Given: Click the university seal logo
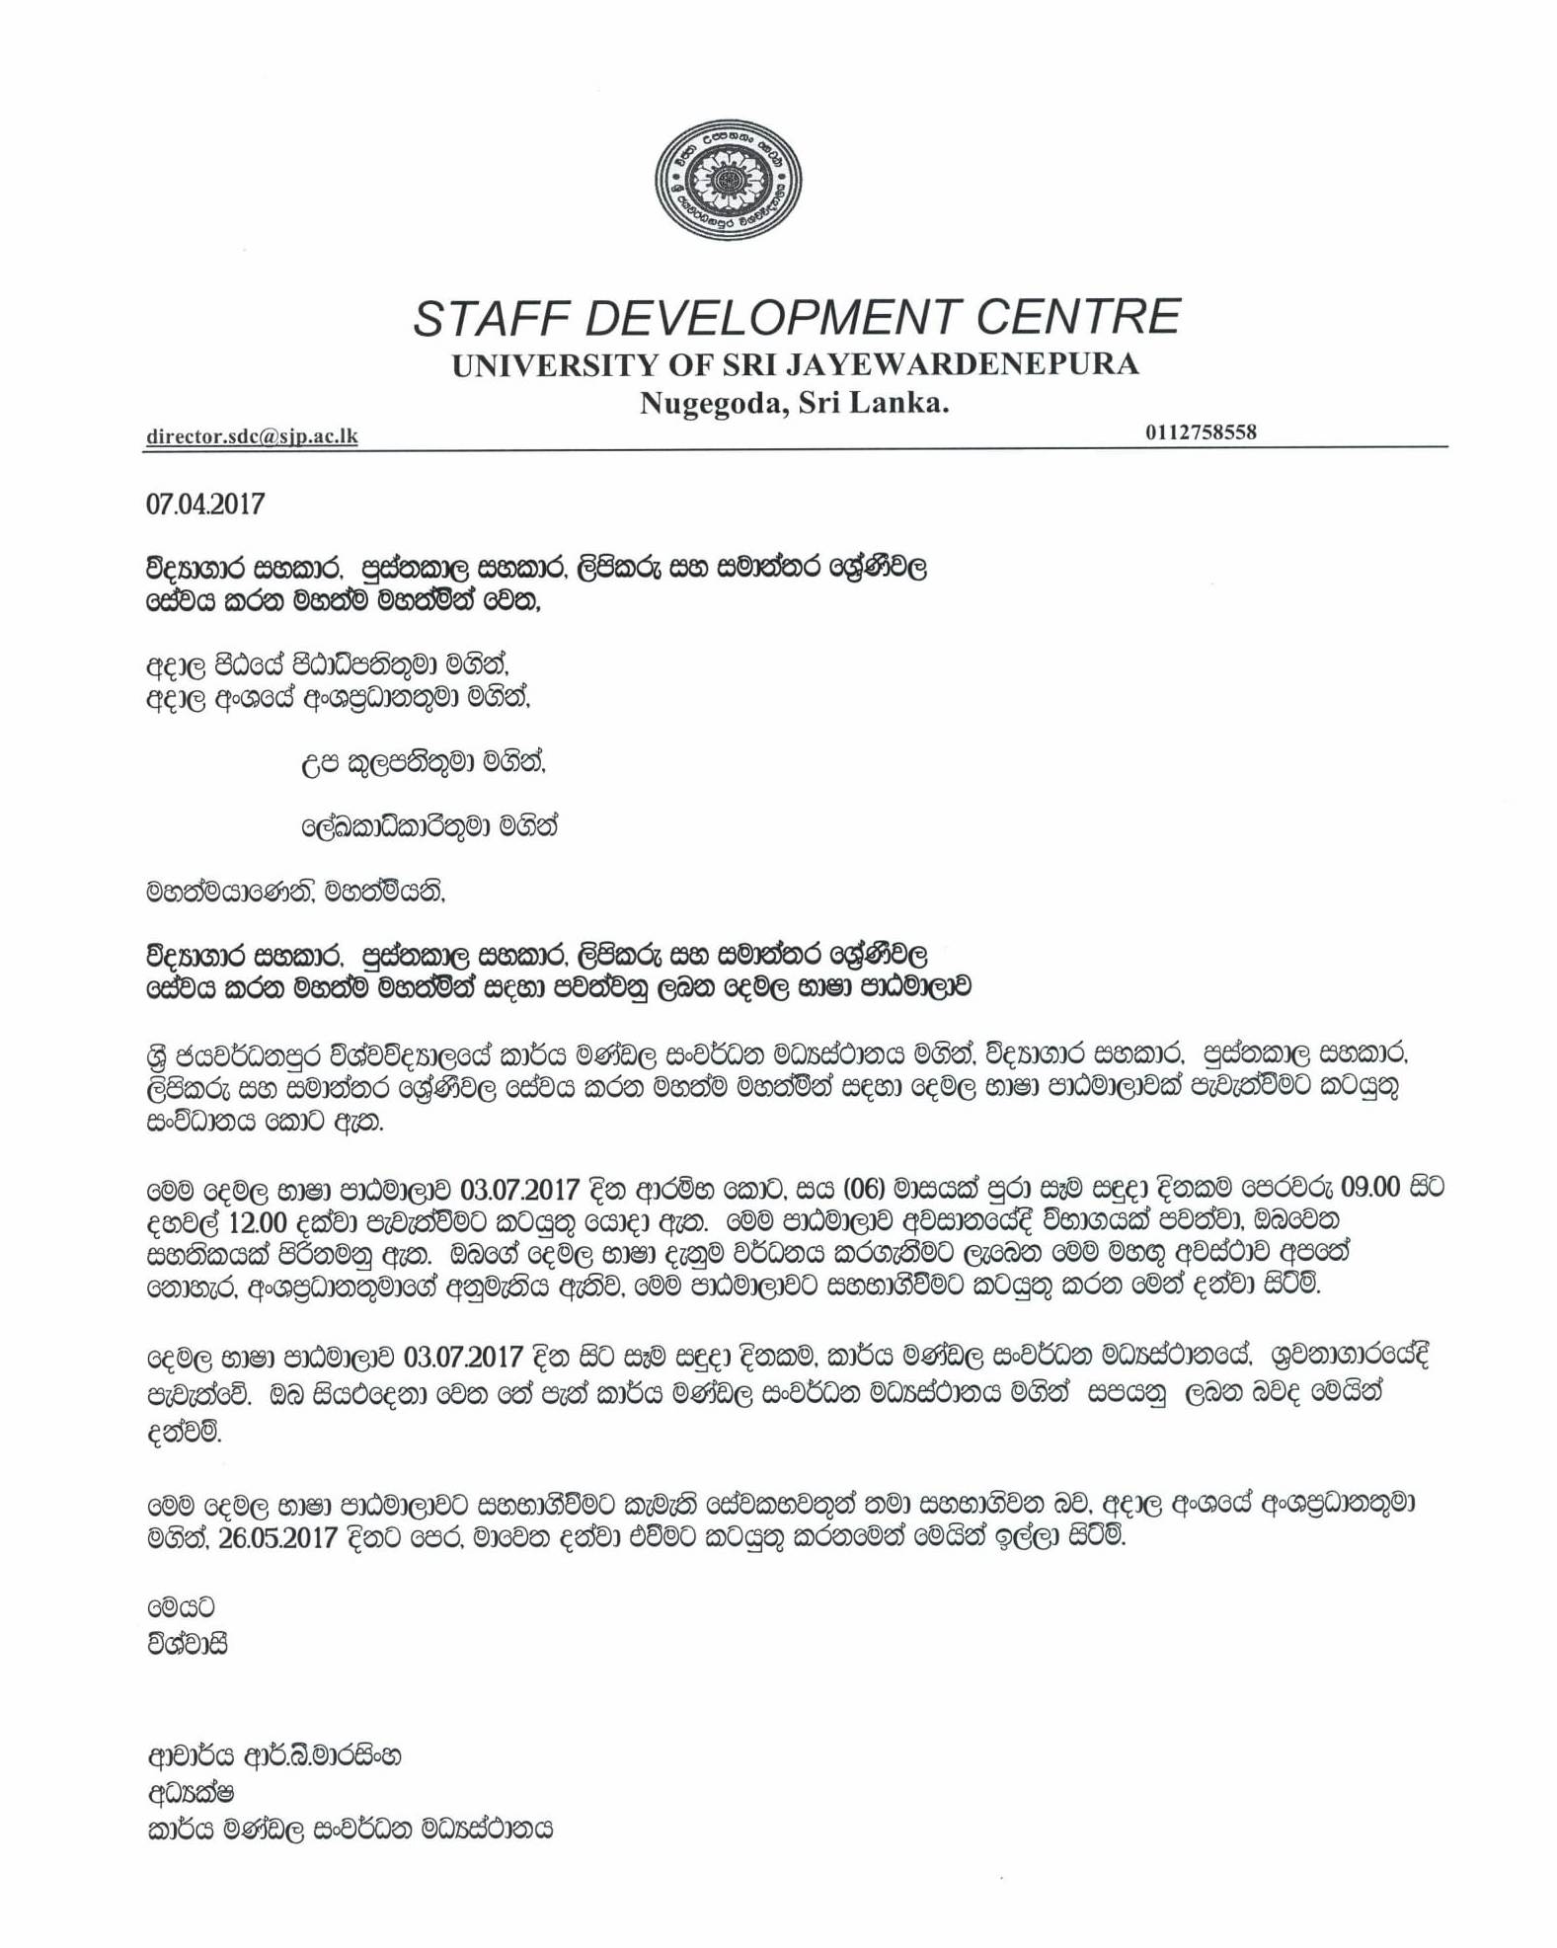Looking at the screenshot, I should pos(728,180).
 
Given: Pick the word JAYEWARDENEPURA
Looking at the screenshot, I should pos(962,365).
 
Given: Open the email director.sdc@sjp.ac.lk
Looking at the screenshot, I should pos(252,436).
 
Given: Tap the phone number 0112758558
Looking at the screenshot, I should pos(1201,432).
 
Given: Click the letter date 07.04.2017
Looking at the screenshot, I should pos(205,505).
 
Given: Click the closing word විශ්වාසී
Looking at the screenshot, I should pos(187,1645).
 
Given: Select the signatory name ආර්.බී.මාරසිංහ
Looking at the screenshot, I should pos(321,1756).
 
